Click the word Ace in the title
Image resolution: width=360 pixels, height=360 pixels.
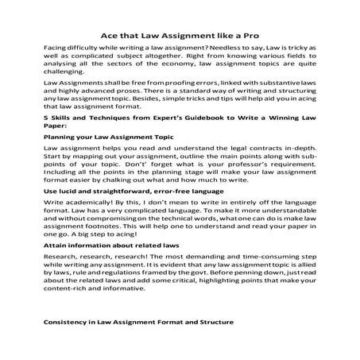106,34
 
